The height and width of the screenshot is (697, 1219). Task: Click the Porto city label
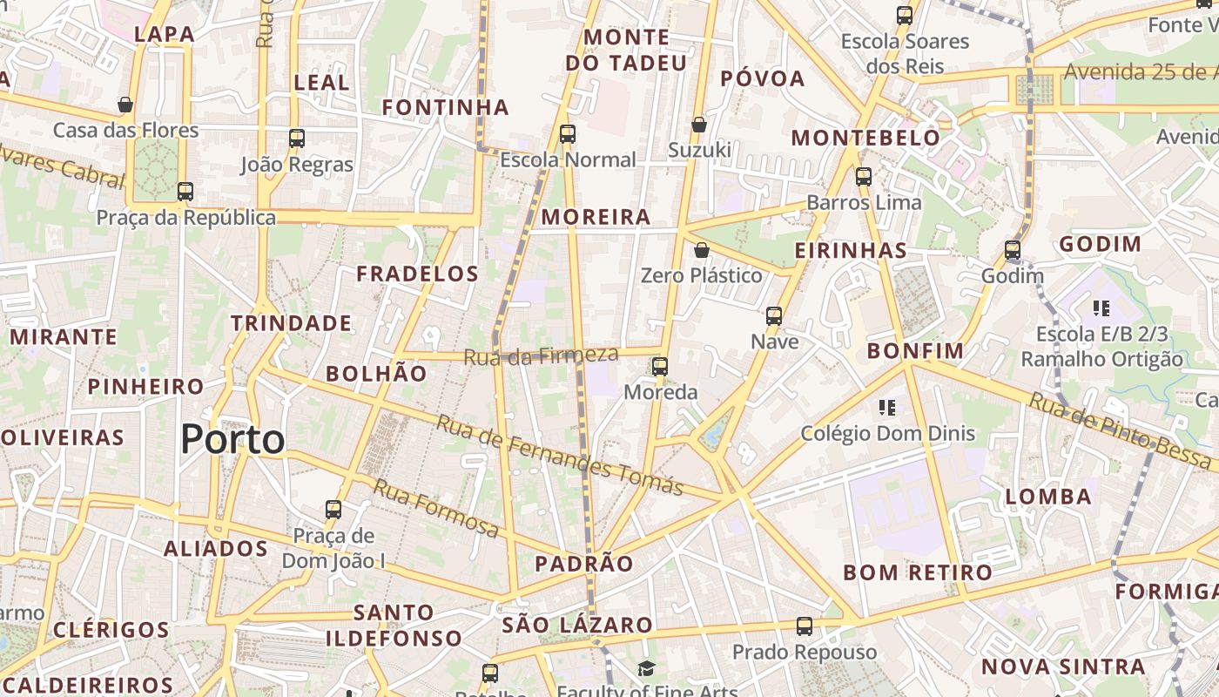tap(232, 440)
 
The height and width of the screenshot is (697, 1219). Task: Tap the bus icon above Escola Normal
tap(568, 134)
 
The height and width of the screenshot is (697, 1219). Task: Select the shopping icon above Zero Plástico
tap(702, 251)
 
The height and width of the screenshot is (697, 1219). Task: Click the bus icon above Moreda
tap(660, 367)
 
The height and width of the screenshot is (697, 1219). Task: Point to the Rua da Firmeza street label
tap(541, 355)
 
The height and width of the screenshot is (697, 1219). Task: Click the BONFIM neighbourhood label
tap(915, 351)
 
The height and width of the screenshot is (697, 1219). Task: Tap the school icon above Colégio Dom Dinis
tap(887, 407)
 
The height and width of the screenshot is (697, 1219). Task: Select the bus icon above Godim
tap(1012, 250)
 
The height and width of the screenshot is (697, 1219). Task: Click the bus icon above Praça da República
tap(185, 192)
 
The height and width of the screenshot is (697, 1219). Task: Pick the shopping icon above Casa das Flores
tap(125, 105)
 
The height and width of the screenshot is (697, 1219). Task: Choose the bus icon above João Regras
tap(297, 139)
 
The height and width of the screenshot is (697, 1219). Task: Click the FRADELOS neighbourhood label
tap(417, 274)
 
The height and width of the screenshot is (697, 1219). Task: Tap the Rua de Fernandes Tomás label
tap(559, 455)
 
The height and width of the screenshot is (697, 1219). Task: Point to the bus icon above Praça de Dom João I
tap(333, 510)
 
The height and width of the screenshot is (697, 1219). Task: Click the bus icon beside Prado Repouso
tap(805, 626)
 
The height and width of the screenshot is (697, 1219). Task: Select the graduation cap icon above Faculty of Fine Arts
tap(646, 669)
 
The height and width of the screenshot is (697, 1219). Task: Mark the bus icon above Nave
tap(774, 316)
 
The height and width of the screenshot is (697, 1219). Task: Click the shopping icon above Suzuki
tap(698, 125)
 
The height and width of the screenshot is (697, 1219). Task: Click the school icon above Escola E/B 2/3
tap(1101, 308)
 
